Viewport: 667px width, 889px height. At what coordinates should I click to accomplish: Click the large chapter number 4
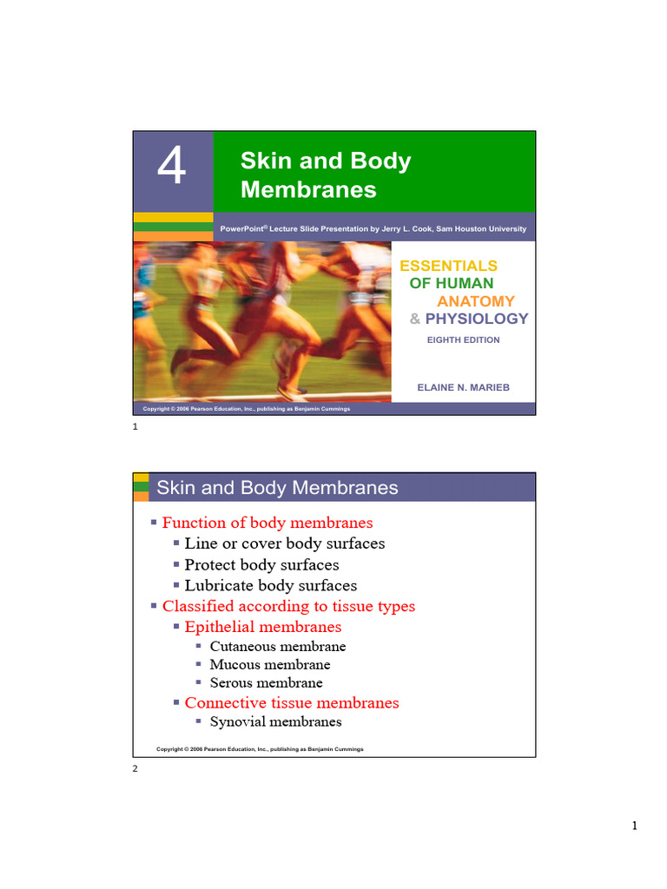[172, 167]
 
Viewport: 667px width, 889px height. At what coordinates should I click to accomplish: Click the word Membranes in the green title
[308, 189]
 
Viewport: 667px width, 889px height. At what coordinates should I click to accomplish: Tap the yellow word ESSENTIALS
[448, 266]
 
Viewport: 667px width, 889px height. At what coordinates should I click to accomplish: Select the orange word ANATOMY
[476, 301]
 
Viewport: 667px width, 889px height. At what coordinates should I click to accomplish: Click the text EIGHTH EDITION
[463, 340]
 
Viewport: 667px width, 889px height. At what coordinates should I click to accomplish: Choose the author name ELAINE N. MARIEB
[464, 387]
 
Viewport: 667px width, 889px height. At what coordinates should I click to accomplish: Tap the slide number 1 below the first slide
[135, 427]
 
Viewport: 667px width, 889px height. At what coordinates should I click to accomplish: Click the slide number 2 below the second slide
[135, 769]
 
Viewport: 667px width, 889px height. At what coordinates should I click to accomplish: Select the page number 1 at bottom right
[635, 826]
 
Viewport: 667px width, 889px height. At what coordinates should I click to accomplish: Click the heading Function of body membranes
[267, 523]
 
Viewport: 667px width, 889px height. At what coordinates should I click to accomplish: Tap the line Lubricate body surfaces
[271, 585]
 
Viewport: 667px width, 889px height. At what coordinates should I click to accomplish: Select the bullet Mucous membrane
[270, 665]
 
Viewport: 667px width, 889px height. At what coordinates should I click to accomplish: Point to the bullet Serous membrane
[266, 683]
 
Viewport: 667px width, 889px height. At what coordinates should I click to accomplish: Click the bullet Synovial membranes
[275, 721]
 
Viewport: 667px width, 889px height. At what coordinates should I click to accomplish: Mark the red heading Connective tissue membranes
[292, 702]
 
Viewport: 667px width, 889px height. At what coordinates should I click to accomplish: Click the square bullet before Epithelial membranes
[176, 626]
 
